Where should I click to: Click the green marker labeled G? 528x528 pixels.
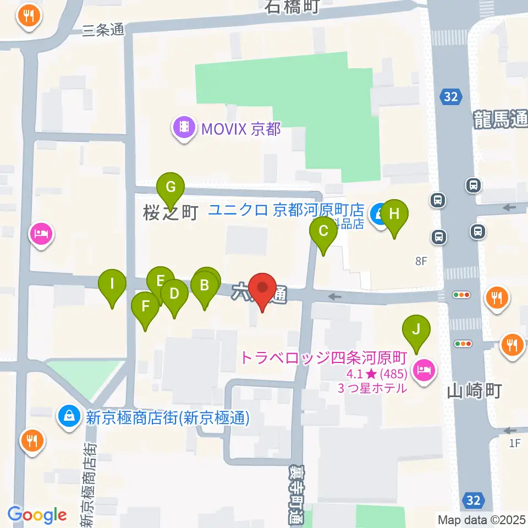coord(170,188)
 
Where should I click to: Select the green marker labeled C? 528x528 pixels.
coord(323,232)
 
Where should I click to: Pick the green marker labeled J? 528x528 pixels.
coord(416,330)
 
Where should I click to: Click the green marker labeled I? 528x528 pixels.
coord(112,284)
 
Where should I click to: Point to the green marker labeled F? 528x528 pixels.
coord(145,306)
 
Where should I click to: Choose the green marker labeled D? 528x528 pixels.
coord(174,294)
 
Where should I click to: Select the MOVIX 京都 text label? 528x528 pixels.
coord(241,129)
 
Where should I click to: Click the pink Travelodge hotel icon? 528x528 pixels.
coord(424,370)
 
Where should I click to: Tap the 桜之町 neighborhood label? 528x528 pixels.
coord(170,213)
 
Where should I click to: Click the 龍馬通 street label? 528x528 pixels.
coord(501,119)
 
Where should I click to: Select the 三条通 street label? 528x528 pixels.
coord(103,31)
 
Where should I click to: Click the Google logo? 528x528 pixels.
coord(37,515)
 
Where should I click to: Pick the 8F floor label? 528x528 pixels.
coord(421,261)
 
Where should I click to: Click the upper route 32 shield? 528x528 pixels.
coord(450,97)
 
